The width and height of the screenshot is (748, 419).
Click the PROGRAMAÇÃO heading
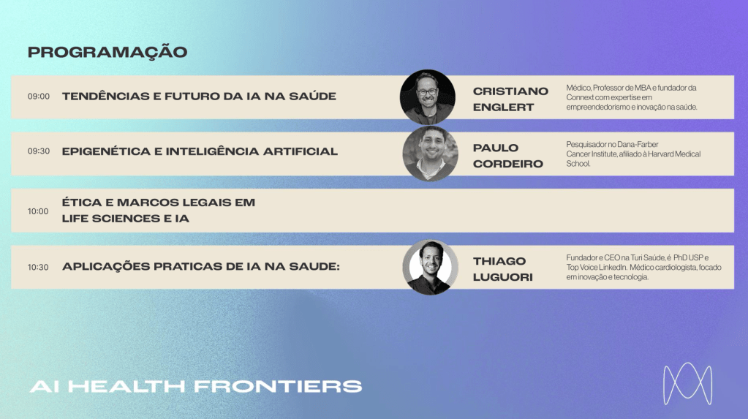(107, 52)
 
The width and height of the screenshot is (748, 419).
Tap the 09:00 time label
(39, 97)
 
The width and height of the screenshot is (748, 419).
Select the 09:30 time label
(39, 151)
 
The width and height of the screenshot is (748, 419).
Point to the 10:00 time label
(38, 211)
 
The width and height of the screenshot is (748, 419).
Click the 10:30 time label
(38, 267)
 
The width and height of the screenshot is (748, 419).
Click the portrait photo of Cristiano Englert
(428, 97)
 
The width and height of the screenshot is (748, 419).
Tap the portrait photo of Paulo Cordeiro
(430, 154)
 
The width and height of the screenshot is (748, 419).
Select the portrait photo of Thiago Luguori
(430, 267)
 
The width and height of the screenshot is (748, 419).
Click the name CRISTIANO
(510, 91)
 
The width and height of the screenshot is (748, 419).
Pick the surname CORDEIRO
(508, 164)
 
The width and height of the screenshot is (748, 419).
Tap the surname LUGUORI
(503, 277)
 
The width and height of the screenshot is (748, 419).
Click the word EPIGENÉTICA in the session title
(105, 151)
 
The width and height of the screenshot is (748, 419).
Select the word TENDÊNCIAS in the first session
(105, 96)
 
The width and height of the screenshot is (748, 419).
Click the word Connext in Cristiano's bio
(581, 97)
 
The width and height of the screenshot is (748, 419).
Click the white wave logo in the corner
(687, 384)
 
